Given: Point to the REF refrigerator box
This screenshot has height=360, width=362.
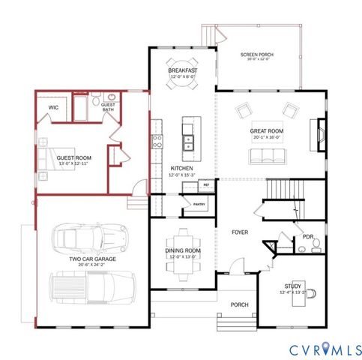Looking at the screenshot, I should [x=205, y=184].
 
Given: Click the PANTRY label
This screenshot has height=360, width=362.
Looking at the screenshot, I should [x=199, y=203].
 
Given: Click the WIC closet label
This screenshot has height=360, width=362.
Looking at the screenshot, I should [x=53, y=107].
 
